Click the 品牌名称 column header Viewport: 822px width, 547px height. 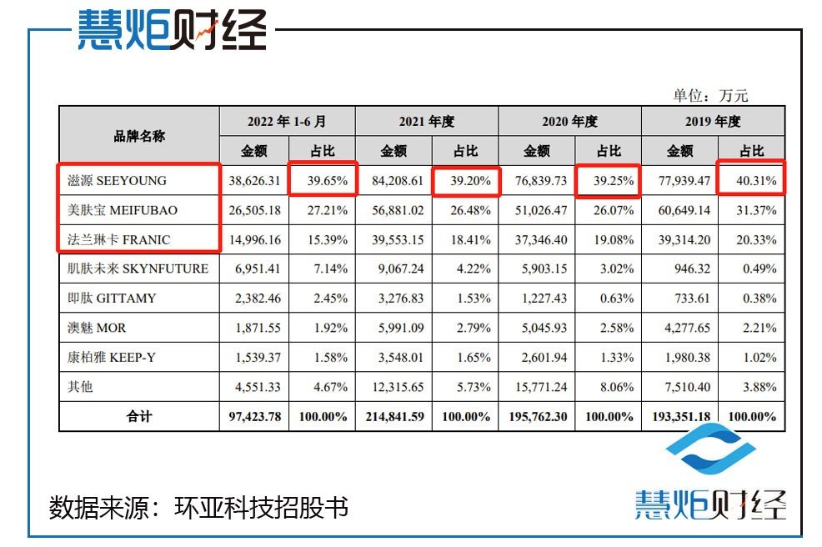pos(139,136)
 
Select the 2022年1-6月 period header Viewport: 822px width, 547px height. pos(287,121)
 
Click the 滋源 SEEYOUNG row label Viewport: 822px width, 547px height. pos(117,180)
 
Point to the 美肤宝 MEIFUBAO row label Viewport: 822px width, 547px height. pos(123,210)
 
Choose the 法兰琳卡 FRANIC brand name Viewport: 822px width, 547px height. pos(118,240)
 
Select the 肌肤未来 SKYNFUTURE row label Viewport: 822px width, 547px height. pos(138,269)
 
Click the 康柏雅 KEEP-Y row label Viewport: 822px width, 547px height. pos(112,358)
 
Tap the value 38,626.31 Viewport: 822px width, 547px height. pos(253,180)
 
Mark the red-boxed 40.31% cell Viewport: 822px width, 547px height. pos(751,180)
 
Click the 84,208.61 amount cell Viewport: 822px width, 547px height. pos(393,180)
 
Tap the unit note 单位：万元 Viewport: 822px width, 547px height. pos(710,96)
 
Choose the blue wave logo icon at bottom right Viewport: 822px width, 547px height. pos(710,454)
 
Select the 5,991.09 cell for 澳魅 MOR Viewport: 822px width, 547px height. pos(393,329)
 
